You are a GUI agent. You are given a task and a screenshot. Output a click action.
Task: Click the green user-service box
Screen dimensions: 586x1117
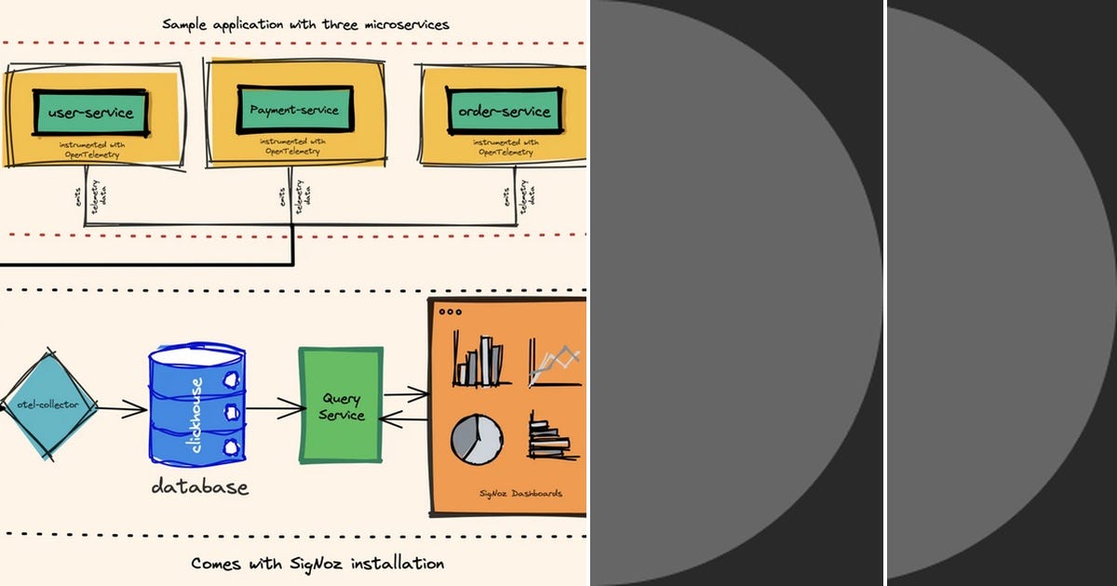tap(89, 113)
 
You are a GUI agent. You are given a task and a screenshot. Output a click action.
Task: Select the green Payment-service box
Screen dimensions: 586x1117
tap(294, 110)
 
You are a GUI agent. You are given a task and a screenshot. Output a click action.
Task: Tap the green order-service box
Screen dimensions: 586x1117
tap(504, 112)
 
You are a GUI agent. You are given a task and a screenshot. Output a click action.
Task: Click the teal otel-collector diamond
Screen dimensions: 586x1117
tap(47, 406)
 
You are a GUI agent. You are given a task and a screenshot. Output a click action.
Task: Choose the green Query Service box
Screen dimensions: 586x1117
tap(341, 406)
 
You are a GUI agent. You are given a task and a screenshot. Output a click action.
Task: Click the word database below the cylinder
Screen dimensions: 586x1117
tap(199, 486)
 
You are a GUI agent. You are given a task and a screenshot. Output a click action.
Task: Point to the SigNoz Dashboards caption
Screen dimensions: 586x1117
tap(520, 493)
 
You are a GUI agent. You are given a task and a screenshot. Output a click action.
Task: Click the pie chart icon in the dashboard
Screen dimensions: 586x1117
tap(477, 437)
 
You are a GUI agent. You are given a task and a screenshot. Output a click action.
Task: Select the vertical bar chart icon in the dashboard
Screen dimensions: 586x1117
tap(480, 361)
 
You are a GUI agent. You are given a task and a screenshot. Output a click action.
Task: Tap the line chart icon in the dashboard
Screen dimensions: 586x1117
tap(555, 363)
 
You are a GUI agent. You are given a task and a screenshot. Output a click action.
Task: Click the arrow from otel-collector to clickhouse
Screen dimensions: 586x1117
tap(121, 408)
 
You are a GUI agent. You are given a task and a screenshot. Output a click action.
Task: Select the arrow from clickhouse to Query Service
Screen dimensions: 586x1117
tap(276, 406)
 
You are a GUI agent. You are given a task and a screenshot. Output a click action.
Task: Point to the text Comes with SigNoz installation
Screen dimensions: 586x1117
tap(317, 563)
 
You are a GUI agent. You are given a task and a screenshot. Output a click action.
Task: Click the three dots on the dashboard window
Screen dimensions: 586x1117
tap(449, 313)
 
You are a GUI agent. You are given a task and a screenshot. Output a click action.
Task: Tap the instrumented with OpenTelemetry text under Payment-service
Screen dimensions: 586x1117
tap(293, 145)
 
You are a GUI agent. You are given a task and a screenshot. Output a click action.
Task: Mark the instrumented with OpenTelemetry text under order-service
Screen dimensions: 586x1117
tap(504, 147)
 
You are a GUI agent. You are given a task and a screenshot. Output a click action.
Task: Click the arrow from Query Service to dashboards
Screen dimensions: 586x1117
tap(406, 395)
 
